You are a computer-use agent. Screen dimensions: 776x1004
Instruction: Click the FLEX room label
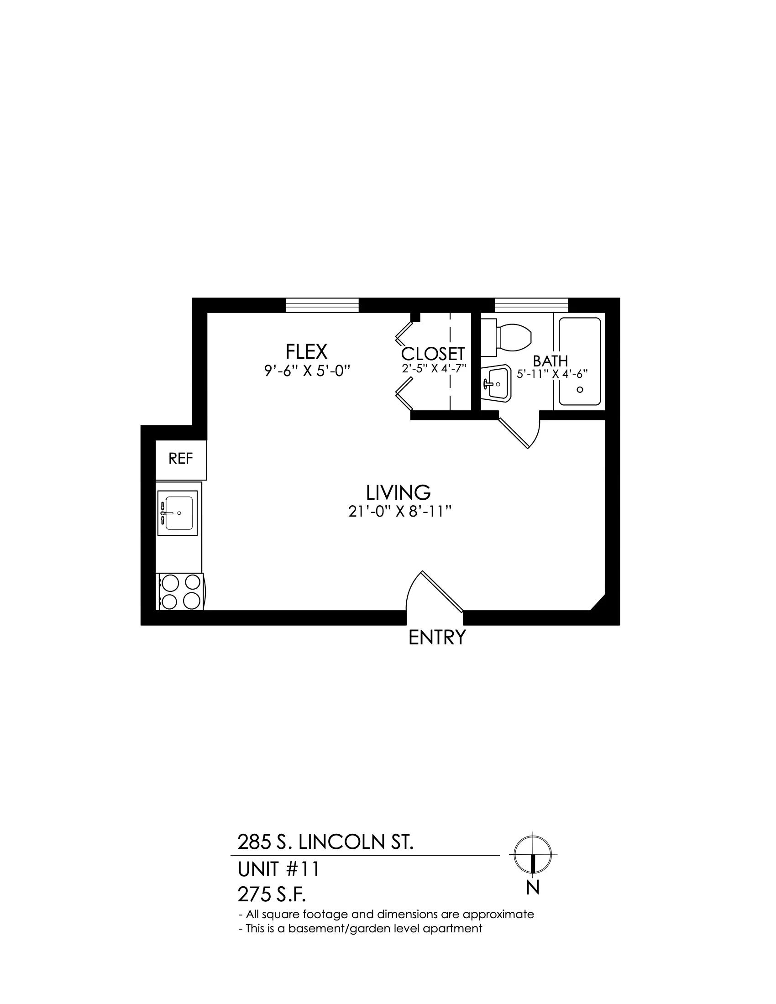point(306,352)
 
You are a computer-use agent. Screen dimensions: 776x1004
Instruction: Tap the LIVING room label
point(398,493)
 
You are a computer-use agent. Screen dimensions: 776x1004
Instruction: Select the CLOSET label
point(433,354)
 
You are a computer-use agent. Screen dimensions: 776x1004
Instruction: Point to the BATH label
point(551,361)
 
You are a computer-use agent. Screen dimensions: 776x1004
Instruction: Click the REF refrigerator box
point(181,460)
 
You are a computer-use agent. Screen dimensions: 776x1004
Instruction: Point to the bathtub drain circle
point(580,389)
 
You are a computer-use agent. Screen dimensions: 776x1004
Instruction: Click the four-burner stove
point(180,591)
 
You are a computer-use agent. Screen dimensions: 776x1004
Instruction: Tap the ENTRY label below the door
point(437,638)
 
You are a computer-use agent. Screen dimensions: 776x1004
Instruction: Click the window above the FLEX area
point(322,305)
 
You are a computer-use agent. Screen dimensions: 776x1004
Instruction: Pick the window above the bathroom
point(531,305)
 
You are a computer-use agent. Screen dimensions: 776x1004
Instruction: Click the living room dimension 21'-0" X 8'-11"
point(398,512)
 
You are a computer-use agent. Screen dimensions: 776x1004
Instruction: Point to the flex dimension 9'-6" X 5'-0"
point(307,370)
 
